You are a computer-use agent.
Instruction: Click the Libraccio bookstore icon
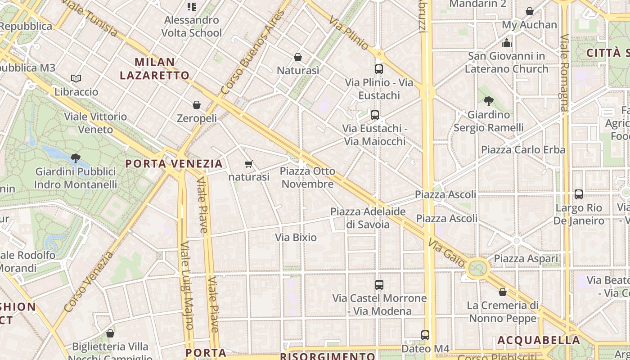point(76,79)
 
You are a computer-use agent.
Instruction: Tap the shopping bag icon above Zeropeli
point(197,105)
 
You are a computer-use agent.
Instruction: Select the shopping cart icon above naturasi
point(248,164)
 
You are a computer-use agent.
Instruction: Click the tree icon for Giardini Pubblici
point(76,158)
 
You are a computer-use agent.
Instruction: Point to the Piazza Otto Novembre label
point(307,177)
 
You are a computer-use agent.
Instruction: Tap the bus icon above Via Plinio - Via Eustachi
point(379,69)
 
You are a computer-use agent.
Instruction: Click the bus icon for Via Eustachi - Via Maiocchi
point(375,115)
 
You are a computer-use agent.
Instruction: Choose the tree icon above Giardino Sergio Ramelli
point(488,101)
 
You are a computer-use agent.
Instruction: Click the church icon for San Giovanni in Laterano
point(507,43)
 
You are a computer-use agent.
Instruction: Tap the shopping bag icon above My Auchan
point(530,11)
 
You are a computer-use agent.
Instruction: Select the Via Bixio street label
point(296,237)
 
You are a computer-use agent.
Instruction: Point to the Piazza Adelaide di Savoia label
point(368,217)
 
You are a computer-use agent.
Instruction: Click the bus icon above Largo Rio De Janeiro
point(579,194)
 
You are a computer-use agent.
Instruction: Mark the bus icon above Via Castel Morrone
point(379,285)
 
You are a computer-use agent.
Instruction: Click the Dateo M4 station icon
point(425,335)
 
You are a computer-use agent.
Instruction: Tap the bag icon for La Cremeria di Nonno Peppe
point(503,292)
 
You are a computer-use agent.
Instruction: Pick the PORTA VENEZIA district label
point(174,163)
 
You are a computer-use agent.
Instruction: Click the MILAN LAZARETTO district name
point(155,68)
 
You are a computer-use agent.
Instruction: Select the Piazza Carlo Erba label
point(523,149)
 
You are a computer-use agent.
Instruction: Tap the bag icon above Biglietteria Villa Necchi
point(110,333)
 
